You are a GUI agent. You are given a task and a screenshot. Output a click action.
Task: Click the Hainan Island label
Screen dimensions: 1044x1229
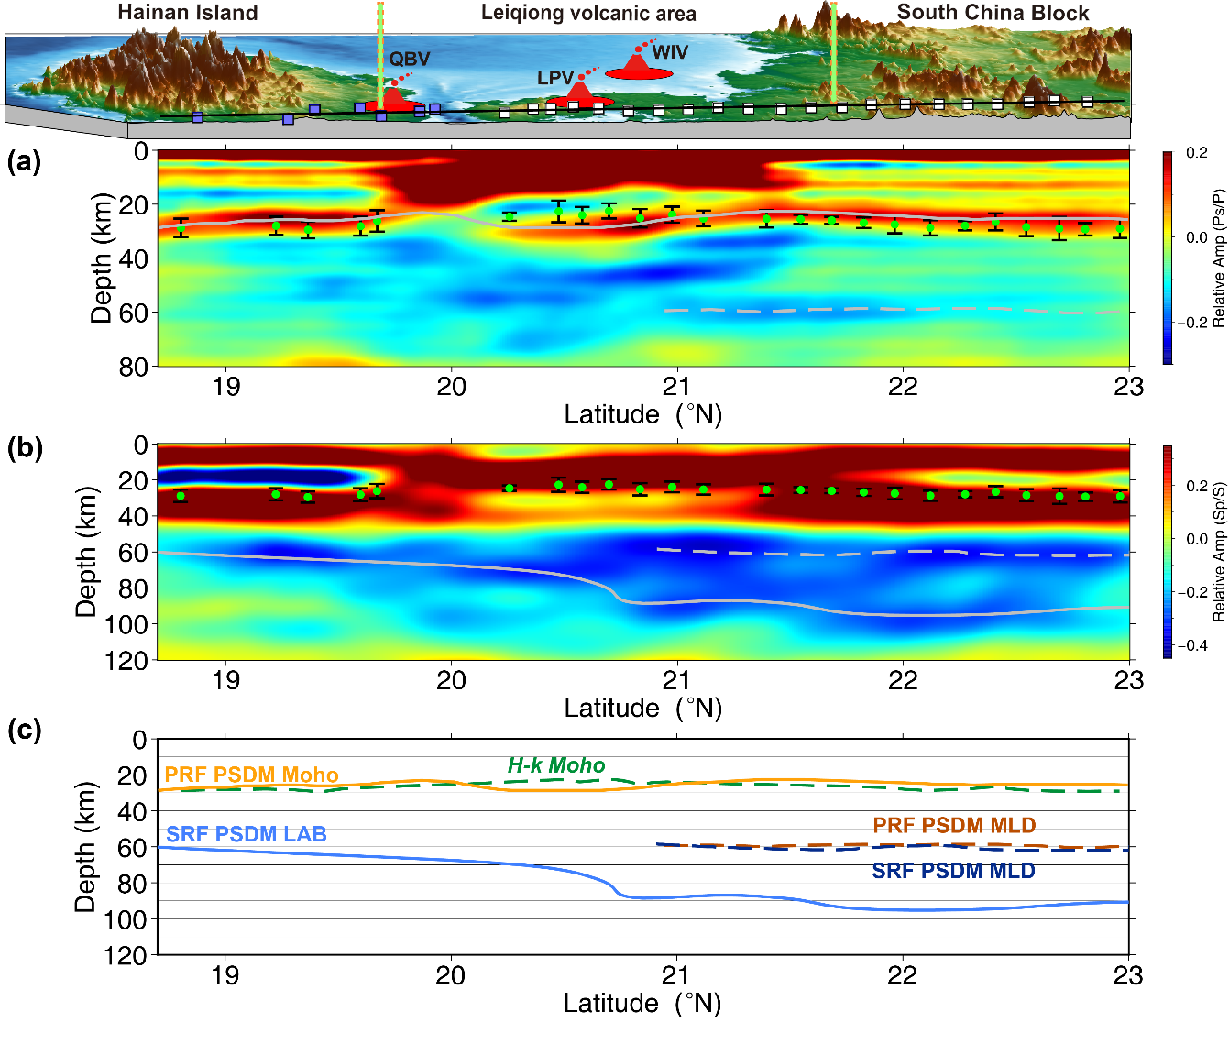188,13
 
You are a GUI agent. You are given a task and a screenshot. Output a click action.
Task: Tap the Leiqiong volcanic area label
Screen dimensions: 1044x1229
588,14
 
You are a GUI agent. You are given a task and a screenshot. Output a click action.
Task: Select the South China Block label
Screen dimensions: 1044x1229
993,13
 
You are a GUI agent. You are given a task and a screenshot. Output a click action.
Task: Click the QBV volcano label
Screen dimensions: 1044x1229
409,59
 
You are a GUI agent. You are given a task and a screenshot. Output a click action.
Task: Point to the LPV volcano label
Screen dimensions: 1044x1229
555,78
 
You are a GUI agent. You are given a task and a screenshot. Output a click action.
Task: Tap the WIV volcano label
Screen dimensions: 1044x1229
670,52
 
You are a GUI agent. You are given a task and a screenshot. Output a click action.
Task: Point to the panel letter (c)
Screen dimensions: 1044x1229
24,731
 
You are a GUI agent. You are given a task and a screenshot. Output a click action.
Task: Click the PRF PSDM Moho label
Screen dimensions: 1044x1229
251,775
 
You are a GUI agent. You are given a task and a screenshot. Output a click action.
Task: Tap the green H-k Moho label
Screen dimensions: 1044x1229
556,765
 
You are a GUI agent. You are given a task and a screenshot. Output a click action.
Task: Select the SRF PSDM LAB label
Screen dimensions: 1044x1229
246,834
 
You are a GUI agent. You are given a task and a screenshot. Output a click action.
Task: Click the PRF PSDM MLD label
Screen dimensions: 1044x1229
954,826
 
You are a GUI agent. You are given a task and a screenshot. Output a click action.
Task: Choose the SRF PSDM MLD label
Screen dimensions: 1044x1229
953,871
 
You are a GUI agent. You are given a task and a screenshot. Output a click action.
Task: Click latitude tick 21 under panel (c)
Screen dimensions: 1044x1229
676,975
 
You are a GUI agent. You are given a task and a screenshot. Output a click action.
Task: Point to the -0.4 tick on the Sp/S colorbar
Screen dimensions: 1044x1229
1196,645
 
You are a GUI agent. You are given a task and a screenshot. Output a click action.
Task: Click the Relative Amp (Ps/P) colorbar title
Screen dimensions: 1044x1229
1218,258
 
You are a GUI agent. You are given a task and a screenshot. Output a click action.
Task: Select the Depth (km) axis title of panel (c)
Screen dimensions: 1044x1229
86,846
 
